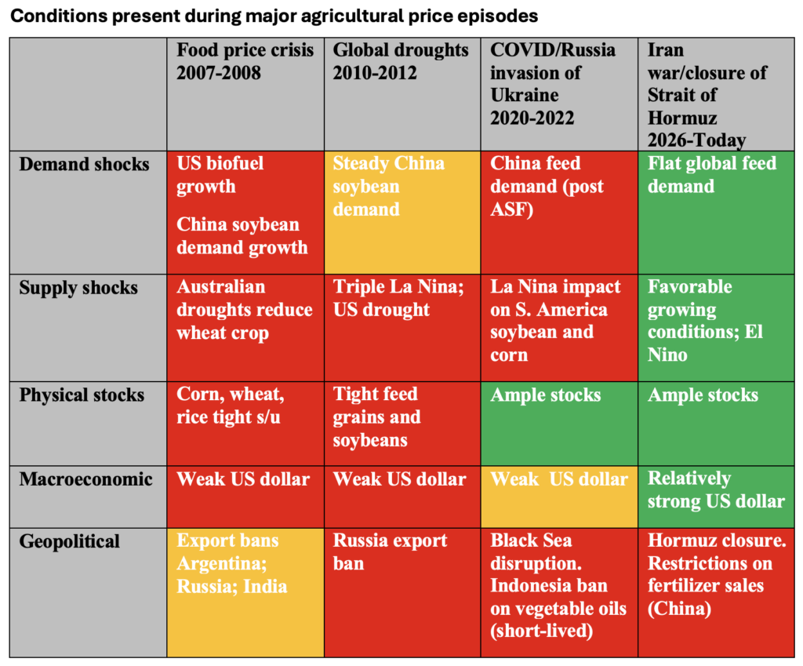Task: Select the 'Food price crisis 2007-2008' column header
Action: [x=245, y=61]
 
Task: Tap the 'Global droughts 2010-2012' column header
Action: [x=401, y=61]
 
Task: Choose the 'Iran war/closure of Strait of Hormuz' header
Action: [x=707, y=95]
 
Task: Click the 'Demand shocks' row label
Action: [x=84, y=165]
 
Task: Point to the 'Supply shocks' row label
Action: [x=78, y=288]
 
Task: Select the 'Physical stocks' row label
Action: [x=82, y=395]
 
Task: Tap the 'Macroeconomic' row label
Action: [x=85, y=479]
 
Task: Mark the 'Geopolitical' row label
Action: [x=70, y=541]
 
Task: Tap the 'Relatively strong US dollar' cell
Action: [x=716, y=489]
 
